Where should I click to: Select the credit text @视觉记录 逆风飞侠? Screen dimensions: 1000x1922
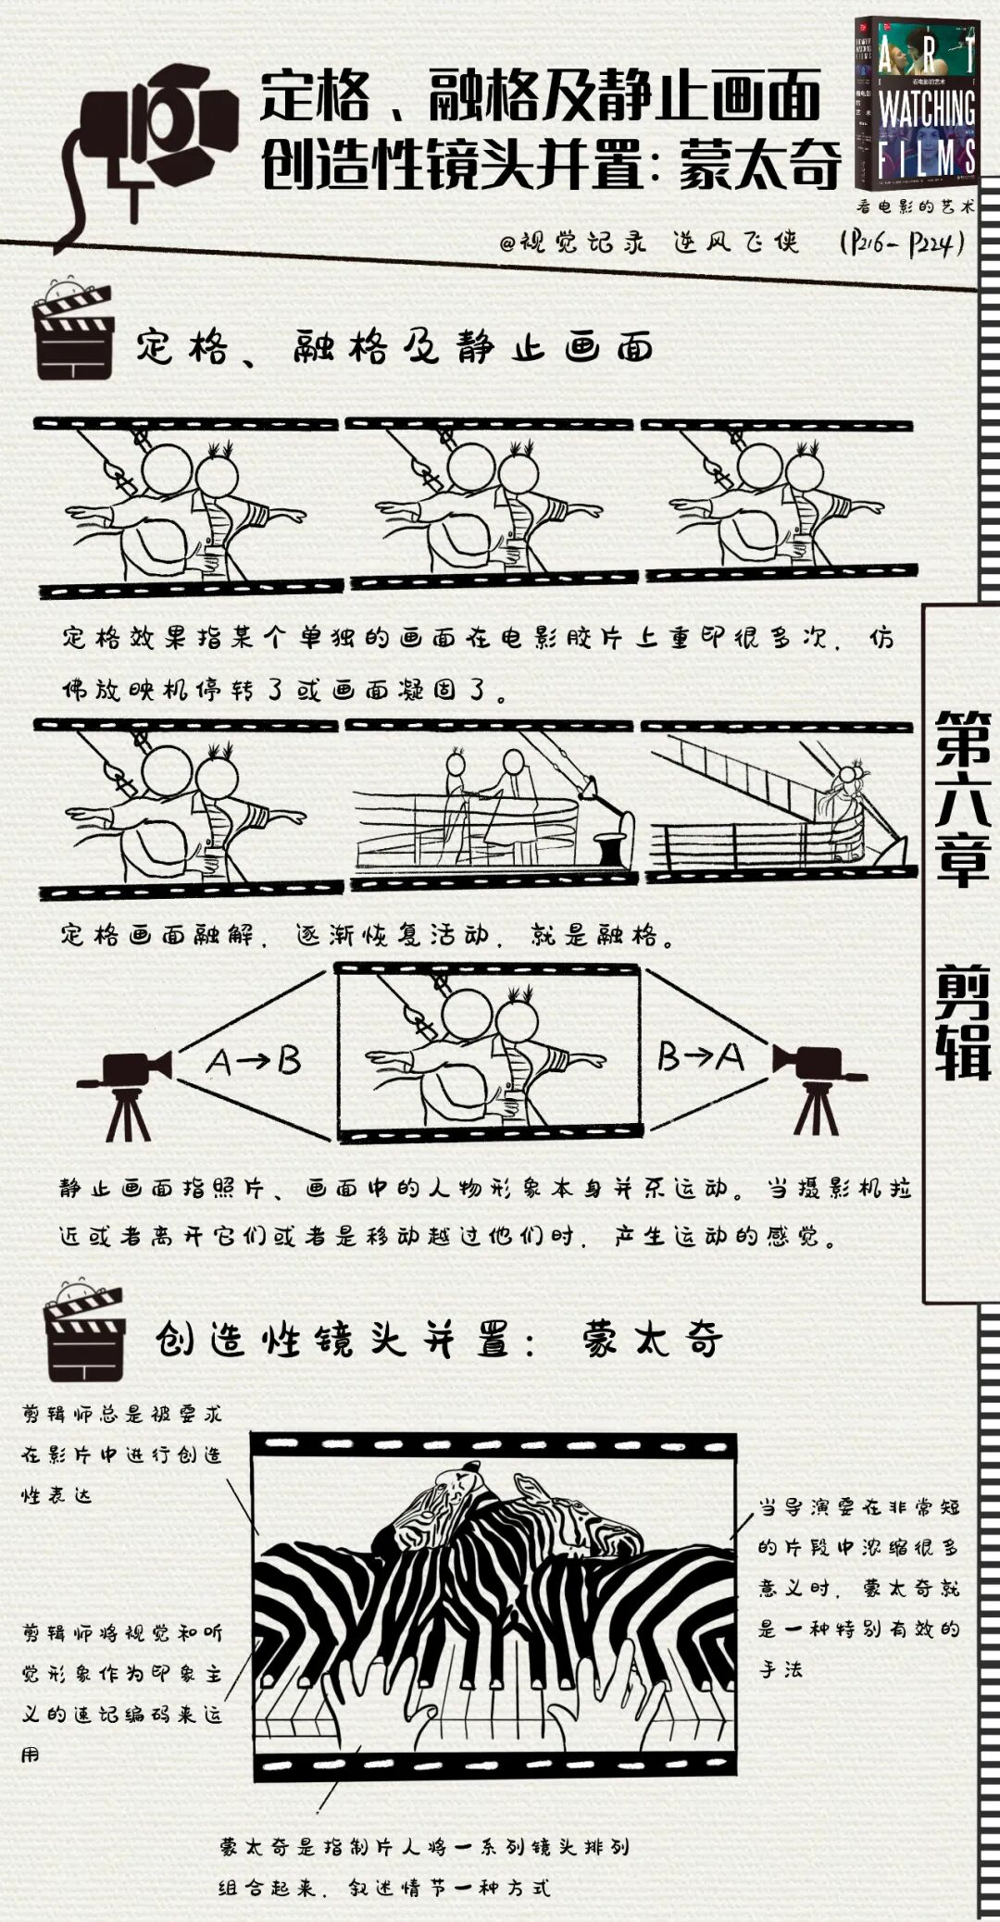pyautogui.click(x=648, y=243)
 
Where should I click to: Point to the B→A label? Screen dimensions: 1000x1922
pyautogui.click(x=700, y=1056)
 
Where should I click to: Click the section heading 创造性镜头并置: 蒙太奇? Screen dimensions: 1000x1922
pyautogui.click(x=439, y=1339)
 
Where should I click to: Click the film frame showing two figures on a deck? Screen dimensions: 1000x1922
pyautogui.click(x=491, y=802)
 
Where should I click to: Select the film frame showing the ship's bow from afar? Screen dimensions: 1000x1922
pyautogui.click(x=778, y=802)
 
